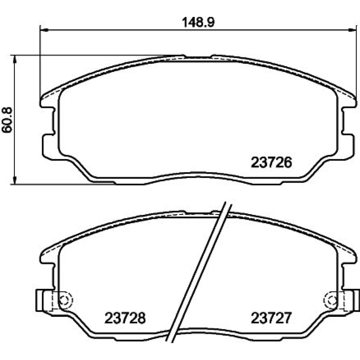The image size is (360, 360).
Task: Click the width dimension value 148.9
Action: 198,22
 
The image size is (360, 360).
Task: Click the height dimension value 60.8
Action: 7,120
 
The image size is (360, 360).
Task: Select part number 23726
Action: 271,163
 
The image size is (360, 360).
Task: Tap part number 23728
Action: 125,318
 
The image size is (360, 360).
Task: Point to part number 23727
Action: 271,318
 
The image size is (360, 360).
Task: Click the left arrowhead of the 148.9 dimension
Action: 44,30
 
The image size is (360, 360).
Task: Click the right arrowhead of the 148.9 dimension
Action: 352,30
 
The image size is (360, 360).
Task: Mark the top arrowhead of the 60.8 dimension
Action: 15,59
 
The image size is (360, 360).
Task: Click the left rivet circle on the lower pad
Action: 66,300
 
